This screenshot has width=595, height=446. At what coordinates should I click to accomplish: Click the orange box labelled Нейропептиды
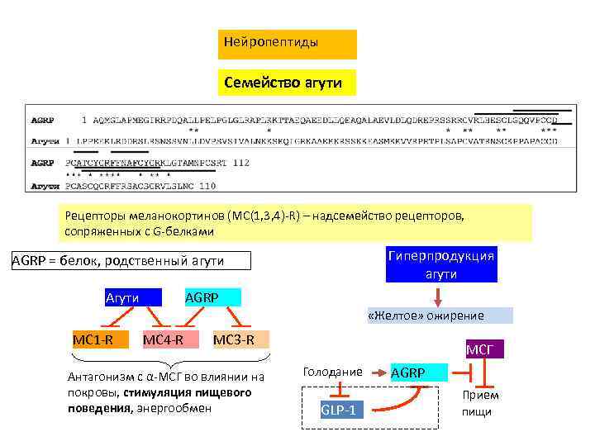[287, 45]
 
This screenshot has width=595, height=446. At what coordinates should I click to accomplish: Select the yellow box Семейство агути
[287, 83]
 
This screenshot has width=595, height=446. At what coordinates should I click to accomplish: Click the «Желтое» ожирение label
[438, 316]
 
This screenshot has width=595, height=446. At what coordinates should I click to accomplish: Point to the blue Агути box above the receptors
[122, 297]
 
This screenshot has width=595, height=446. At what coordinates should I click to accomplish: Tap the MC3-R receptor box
[233, 339]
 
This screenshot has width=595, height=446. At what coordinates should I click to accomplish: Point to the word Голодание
[332, 372]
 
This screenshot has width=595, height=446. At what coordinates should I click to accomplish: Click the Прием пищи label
[480, 403]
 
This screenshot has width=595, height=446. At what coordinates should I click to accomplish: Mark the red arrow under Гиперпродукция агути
[439, 295]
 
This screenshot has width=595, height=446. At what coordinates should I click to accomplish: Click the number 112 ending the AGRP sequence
[240, 164]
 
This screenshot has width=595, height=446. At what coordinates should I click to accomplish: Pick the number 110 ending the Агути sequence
[207, 185]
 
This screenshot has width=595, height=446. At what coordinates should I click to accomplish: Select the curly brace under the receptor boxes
[169, 359]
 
